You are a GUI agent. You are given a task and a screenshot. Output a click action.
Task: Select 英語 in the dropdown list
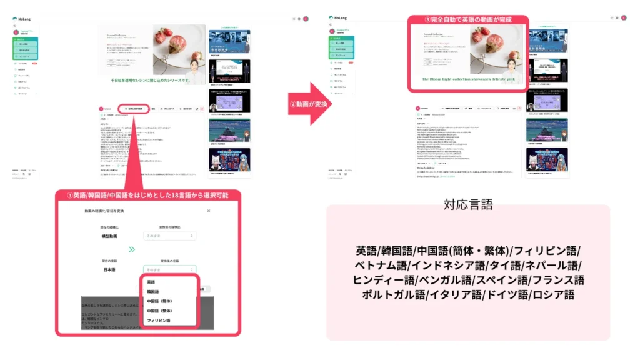(x=152, y=282)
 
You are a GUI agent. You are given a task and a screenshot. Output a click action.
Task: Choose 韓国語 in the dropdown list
(x=153, y=291)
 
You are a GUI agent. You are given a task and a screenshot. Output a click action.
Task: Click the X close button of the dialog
(x=209, y=211)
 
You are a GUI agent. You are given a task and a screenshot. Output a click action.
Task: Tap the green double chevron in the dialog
(x=131, y=249)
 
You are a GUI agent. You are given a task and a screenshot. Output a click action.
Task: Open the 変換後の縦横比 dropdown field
(x=170, y=236)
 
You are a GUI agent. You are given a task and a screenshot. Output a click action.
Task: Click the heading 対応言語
(x=468, y=204)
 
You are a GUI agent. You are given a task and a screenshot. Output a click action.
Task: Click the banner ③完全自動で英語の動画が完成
(x=469, y=20)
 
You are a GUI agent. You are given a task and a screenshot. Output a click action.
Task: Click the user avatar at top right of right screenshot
(x=624, y=19)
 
